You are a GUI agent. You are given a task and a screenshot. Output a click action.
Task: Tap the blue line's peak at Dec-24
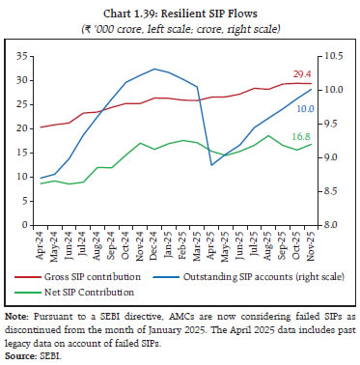[155, 69]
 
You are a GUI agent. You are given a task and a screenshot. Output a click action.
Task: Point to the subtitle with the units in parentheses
[180, 24]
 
